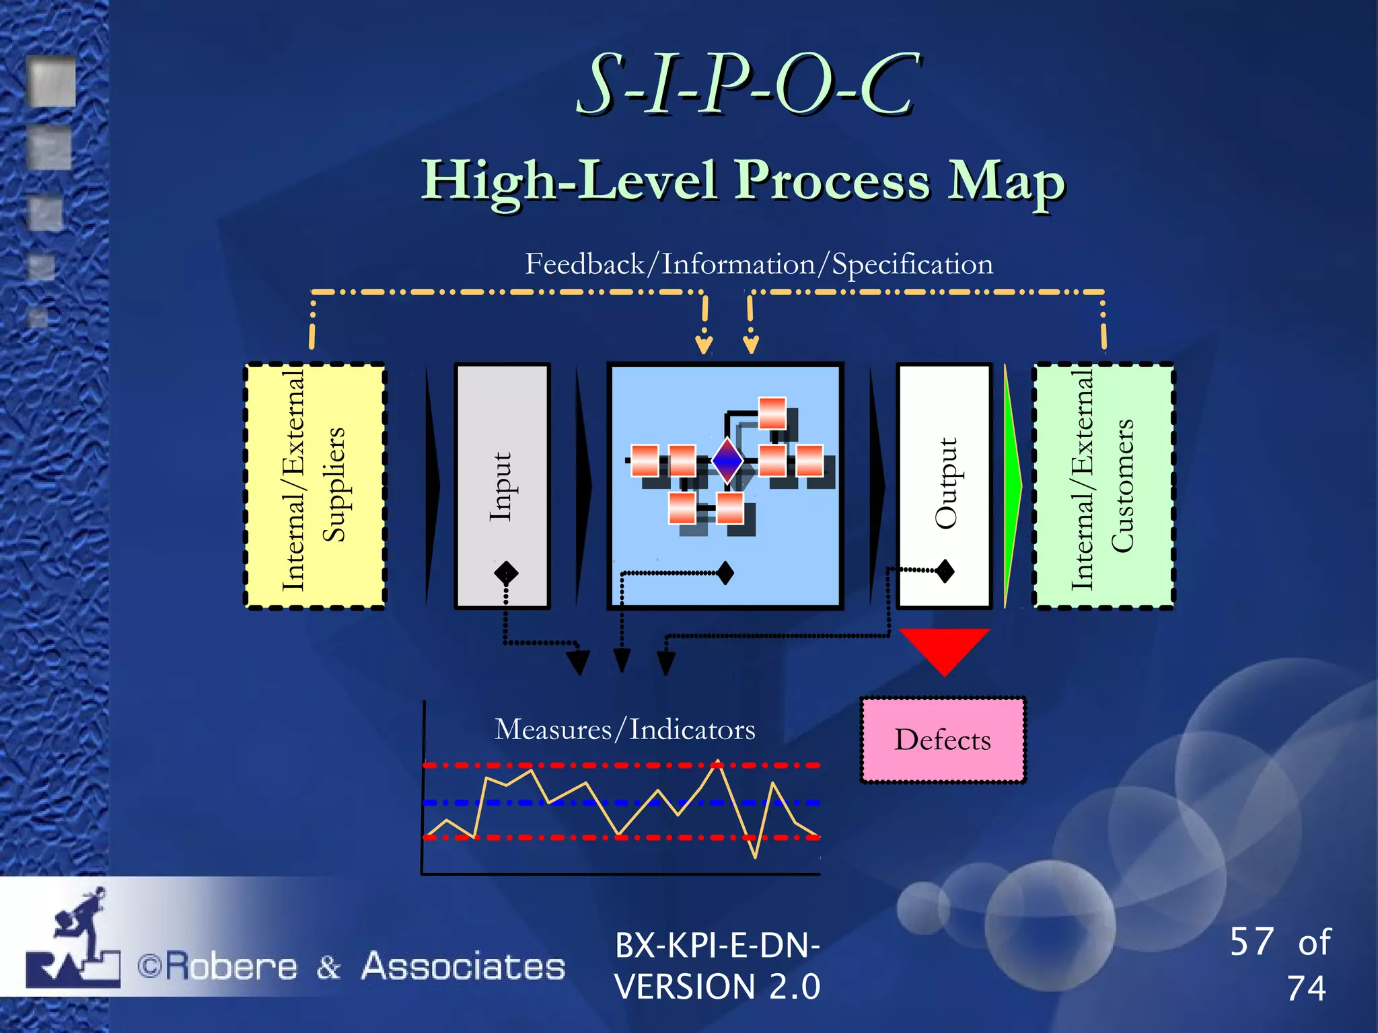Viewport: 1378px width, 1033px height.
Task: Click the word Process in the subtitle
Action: coord(832,180)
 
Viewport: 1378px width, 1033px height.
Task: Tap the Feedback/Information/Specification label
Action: coord(758,264)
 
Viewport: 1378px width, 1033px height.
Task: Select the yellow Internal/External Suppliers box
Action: coord(315,486)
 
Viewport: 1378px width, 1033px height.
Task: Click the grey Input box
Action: coord(502,486)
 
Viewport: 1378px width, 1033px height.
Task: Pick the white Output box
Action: coord(944,486)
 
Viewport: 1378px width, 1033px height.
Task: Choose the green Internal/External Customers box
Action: coord(1103,486)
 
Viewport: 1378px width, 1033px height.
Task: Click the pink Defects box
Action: coord(943,740)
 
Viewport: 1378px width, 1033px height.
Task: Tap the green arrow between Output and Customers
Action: coord(1012,486)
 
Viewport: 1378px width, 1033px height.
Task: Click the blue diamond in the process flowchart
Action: coord(727,461)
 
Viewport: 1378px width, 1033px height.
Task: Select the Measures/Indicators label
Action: coord(624,730)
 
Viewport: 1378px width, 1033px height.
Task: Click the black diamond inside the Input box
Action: coord(506,573)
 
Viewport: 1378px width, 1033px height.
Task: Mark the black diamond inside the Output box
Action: coord(945,571)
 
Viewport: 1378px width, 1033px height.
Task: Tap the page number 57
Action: coord(1252,942)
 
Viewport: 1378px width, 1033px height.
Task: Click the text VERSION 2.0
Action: coord(717,987)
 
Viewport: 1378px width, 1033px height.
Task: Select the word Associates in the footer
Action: coord(463,966)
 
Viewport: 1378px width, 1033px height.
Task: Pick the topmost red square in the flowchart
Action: coord(772,412)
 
